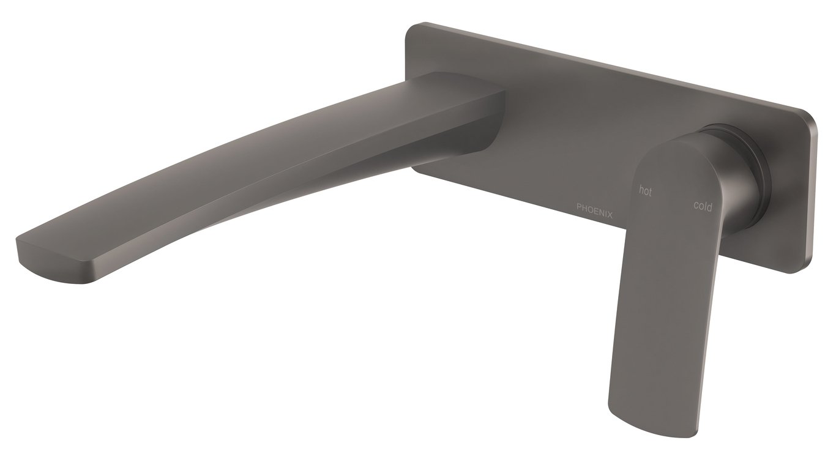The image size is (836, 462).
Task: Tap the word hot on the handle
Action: point(645,191)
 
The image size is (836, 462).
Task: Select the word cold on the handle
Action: point(703,206)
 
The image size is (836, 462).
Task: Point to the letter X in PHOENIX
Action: point(610,215)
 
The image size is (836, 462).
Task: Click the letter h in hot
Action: point(641,190)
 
